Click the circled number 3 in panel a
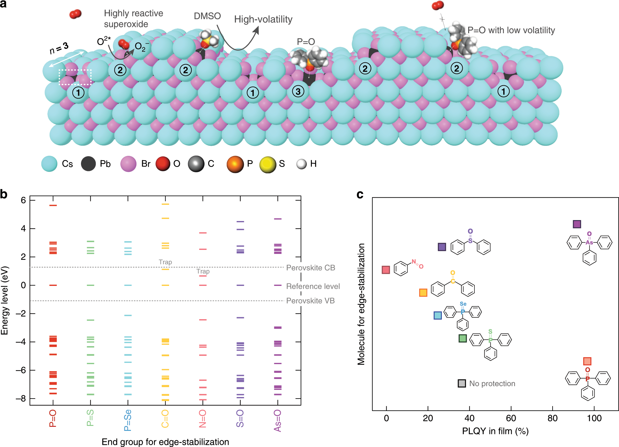click(298, 91)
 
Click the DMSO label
click(207, 16)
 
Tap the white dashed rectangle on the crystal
click(75, 77)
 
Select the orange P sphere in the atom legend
click(235, 164)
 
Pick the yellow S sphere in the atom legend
click(268, 164)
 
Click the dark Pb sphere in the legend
click(88, 164)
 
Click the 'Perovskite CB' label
click(311, 268)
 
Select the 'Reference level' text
click(313, 286)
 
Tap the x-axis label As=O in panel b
click(277, 421)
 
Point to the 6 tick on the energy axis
click(23, 200)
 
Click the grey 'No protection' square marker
click(462, 383)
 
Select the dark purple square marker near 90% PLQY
click(577, 224)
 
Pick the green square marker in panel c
click(463, 338)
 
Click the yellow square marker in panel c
click(423, 292)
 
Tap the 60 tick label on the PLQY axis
click(511, 418)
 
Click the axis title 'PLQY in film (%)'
click(495, 431)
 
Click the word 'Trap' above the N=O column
click(203, 271)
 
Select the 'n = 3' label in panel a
click(59, 48)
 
